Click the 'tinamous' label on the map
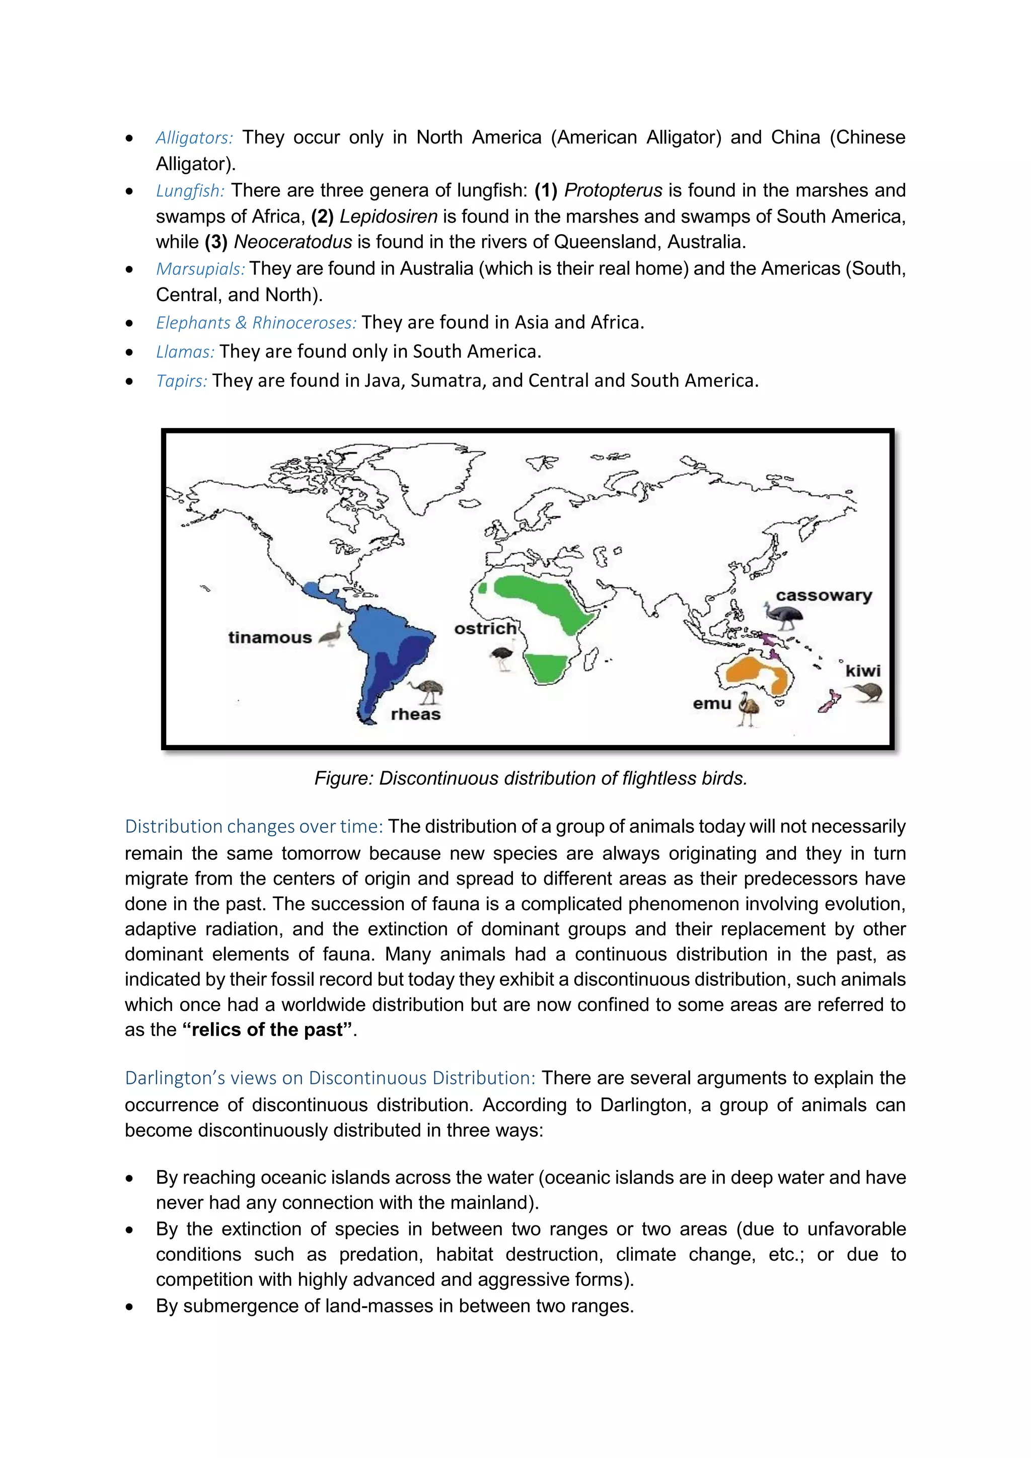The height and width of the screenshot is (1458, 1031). [270, 637]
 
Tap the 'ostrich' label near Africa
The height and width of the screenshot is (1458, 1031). [485, 629]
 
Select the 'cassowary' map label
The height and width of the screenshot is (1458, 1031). [824, 596]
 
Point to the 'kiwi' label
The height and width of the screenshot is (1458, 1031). [863, 671]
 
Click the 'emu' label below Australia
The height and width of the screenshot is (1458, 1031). [712, 704]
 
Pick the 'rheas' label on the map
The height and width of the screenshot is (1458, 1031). [415, 714]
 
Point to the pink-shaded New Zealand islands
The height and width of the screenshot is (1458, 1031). [829, 702]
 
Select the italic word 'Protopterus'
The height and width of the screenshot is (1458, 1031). [613, 190]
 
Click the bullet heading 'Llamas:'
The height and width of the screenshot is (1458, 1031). [185, 352]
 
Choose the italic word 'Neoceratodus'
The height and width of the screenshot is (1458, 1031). [292, 242]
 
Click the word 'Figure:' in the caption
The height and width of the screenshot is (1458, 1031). [343, 778]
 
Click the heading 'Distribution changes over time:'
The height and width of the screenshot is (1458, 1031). [253, 826]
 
